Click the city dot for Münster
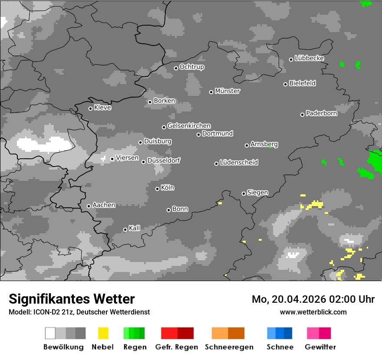pos(211,92)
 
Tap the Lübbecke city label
pos(309,58)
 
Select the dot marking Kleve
pos(90,108)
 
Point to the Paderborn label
pos(321,113)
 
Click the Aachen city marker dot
pos(89,206)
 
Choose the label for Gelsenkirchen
pos(189,126)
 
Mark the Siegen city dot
pos(244,193)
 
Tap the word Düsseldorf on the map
pos(164,160)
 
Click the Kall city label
pos(134,228)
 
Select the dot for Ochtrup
pos(176,68)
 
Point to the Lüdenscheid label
pos(239,163)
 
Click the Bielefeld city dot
pos(286,84)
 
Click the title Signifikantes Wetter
pos(72,299)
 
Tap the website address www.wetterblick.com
pos(313,312)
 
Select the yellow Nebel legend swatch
pos(103,333)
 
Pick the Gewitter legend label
pos(320,347)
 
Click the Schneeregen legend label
pos(229,347)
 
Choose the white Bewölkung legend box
pos(50,333)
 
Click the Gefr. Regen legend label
pos(177,347)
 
